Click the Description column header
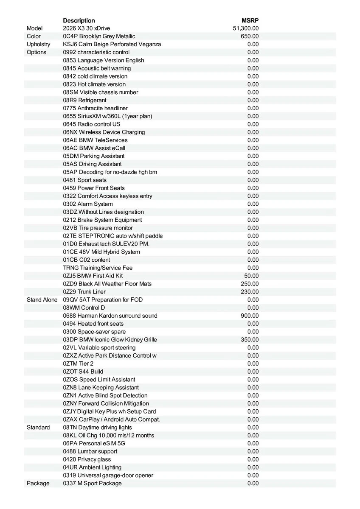tap(79, 20)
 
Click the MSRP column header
tap(250, 20)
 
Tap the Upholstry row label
tap(38, 44)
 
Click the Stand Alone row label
tap(42, 300)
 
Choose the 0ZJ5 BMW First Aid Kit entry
tap(93, 276)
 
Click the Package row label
tap(38, 484)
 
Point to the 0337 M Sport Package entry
tap(92, 484)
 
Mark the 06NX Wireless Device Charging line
tap(104, 132)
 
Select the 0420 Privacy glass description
tap(87, 459)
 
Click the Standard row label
tap(38, 428)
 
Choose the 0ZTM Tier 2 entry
tap(78, 364)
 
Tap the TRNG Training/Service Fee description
tap(98, 268)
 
